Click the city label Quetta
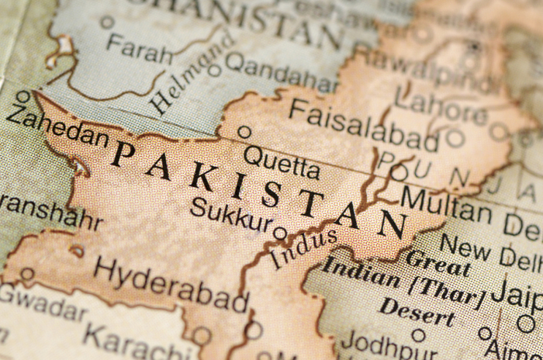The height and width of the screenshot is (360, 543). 281,163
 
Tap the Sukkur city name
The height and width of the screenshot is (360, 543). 231,216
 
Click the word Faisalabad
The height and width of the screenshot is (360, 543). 363,126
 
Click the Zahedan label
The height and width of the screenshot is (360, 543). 56,126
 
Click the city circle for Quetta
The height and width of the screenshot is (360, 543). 244,132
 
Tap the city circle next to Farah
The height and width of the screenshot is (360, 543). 107,22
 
